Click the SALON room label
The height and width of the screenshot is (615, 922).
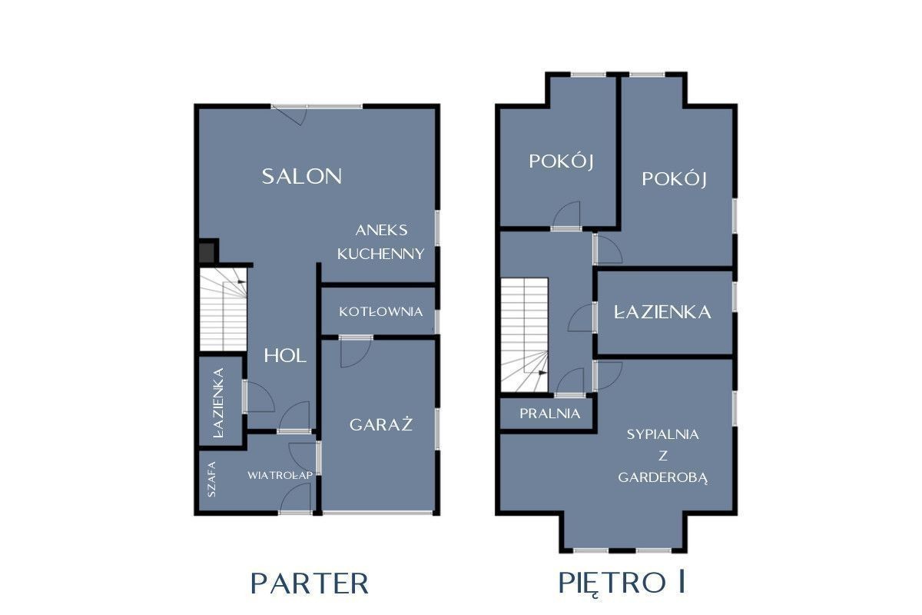click(302, 176)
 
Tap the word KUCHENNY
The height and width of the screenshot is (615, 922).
click(381, 254)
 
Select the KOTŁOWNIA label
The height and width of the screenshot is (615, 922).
click(381, 311)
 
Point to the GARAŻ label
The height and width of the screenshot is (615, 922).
click(381, 424)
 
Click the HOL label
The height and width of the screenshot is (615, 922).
click(285, 355)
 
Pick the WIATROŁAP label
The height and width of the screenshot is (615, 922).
click(280, 475)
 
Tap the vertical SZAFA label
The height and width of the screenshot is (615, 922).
click(211, 479)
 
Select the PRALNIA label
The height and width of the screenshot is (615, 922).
click(549, 413)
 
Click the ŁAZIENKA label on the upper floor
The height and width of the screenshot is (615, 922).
click(662, 312)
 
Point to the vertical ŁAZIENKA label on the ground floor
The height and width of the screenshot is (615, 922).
click(218, 404)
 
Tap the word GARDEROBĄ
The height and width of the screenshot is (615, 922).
click(662, 478)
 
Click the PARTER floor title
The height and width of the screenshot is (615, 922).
click(309, 583)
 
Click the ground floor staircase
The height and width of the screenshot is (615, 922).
click(223, 310)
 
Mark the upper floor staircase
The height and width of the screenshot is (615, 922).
click(524, 335)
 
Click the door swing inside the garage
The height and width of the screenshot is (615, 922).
click(355, 352)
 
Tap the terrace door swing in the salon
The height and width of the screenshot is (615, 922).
click(291, 115)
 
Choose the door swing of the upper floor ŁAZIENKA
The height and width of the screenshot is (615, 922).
click(581, 317)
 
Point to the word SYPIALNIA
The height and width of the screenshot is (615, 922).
click(662, 434)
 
